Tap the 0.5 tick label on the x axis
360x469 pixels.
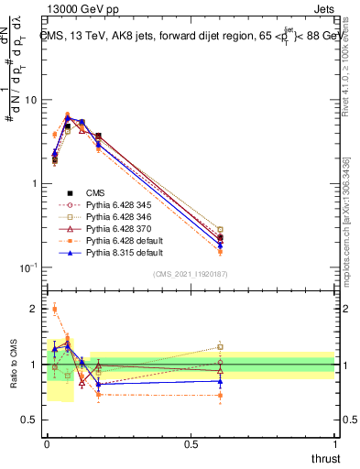tap(191, 443)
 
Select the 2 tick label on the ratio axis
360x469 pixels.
tap(34, 309)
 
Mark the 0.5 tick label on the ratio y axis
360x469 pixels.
tap(30, 420)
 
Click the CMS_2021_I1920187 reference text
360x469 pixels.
tap(191, 274)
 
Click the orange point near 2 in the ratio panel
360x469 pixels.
tap(55, 310)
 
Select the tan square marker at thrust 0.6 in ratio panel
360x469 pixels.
tap(220, 347)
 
